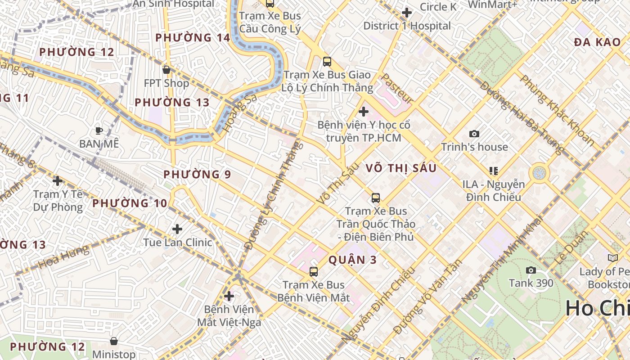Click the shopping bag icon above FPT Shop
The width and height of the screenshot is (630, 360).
(x=166, y=70)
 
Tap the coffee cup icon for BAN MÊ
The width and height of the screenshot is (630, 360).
(x=99, y=130)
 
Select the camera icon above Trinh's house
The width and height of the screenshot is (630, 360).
(x=474, y=134)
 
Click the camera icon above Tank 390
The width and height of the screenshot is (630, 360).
(x=531, y=270)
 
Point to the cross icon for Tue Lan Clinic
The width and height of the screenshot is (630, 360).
(x=177, y=229)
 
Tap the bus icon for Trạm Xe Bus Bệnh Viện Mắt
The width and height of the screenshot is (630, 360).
(x=314, y=271)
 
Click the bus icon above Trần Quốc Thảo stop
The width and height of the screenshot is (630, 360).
(x=375, y=198)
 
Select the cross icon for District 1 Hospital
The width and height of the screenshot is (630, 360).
(x=407, y=13)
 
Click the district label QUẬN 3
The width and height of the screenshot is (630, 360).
(x=353, y=260)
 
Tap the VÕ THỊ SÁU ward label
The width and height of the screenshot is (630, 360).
(x=401, y=168)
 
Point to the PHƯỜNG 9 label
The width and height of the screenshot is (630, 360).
(x=197, y=175)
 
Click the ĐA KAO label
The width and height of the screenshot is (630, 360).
(x=597, y=42)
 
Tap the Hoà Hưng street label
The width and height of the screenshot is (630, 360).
(x=63, y=257)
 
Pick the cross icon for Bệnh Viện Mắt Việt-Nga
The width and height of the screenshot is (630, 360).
(x=229, y=296)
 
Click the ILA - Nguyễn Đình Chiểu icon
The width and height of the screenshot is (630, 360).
(x=493, y=171)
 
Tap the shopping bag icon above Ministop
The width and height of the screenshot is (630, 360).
(x=114, y=341)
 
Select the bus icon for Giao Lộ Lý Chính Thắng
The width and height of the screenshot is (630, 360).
(x=327, y=62)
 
